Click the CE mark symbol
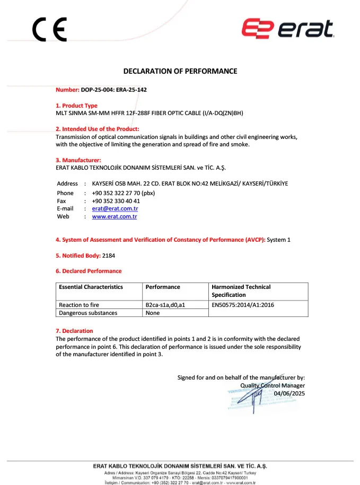49,30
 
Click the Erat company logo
287,29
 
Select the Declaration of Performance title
180,71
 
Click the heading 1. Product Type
77,105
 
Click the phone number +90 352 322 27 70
124,193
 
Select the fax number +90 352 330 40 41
116,201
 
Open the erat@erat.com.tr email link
115,209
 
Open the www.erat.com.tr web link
115,217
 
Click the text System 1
279,240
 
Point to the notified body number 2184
109,255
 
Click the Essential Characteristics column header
91,287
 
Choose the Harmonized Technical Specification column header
241,290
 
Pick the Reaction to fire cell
79,305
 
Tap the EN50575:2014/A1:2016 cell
243,305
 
